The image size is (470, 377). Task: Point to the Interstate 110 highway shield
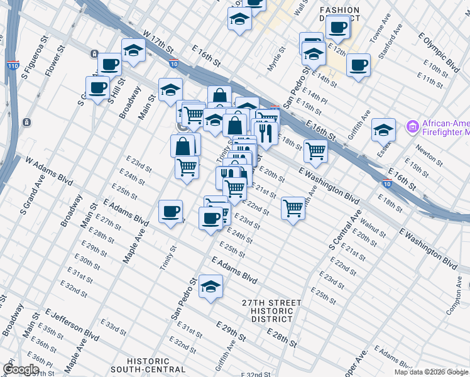(x=13, y=65)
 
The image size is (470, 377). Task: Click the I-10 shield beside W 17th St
(x=173, y=63)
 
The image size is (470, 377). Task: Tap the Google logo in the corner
(x=21, y=369)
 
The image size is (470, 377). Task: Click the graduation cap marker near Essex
(x=383, y=130)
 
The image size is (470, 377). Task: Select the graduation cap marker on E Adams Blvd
(x=210, y=287)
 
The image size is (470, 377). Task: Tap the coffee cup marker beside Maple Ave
(x=170, y=211)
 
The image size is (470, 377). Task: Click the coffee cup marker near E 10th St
(x=358, y=65)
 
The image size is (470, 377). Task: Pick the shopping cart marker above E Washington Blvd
(x=315, y=150)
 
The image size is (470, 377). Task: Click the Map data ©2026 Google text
(x=431, y=372)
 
